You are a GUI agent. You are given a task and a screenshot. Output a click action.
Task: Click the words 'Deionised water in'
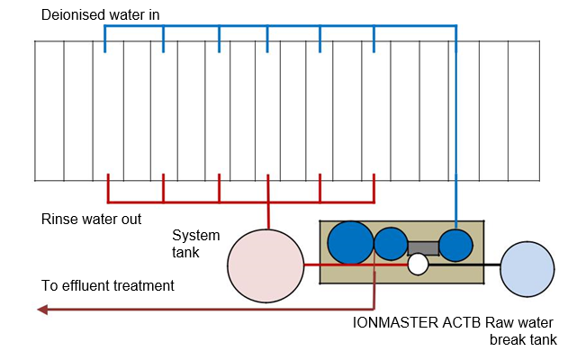click(x=100, y=15)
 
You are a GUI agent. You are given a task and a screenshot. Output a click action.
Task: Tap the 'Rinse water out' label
click(x=91, y=219)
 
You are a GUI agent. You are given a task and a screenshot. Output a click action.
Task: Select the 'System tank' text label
click(x=196, y=244)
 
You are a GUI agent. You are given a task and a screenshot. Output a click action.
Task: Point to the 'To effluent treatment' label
click(x=108, y=285)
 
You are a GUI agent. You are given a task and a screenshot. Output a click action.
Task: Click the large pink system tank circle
click(x=266, y=265)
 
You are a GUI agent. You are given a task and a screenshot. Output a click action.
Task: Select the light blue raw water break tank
click(x=527, y=269)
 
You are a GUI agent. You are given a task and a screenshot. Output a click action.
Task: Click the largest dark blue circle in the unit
click(x=350, y=243)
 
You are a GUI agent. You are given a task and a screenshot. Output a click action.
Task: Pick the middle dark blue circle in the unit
click(x=391, y=244)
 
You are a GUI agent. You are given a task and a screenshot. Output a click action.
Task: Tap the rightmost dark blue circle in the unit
click(x=455, y=245)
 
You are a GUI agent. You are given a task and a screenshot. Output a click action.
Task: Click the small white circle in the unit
click(x=418, y=265)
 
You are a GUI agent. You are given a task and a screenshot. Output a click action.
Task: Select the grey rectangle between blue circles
click(x=423, y=248)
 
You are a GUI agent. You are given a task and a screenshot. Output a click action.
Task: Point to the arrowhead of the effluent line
click(x=42, y=310)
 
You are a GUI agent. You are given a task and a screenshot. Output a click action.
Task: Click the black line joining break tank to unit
click(x=464, y=265)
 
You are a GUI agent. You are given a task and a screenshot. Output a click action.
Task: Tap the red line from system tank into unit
click(x=356, y=265)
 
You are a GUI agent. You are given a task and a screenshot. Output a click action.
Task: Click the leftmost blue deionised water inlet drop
click(x=105, y=39)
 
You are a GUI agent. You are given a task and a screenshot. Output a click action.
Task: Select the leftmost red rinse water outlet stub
click(x=108, y=188)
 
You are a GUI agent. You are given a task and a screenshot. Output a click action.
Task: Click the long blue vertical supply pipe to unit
click(x=456, y=127)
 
